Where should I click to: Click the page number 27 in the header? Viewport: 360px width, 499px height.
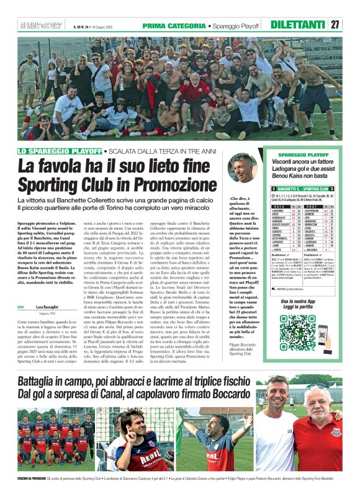335,25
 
